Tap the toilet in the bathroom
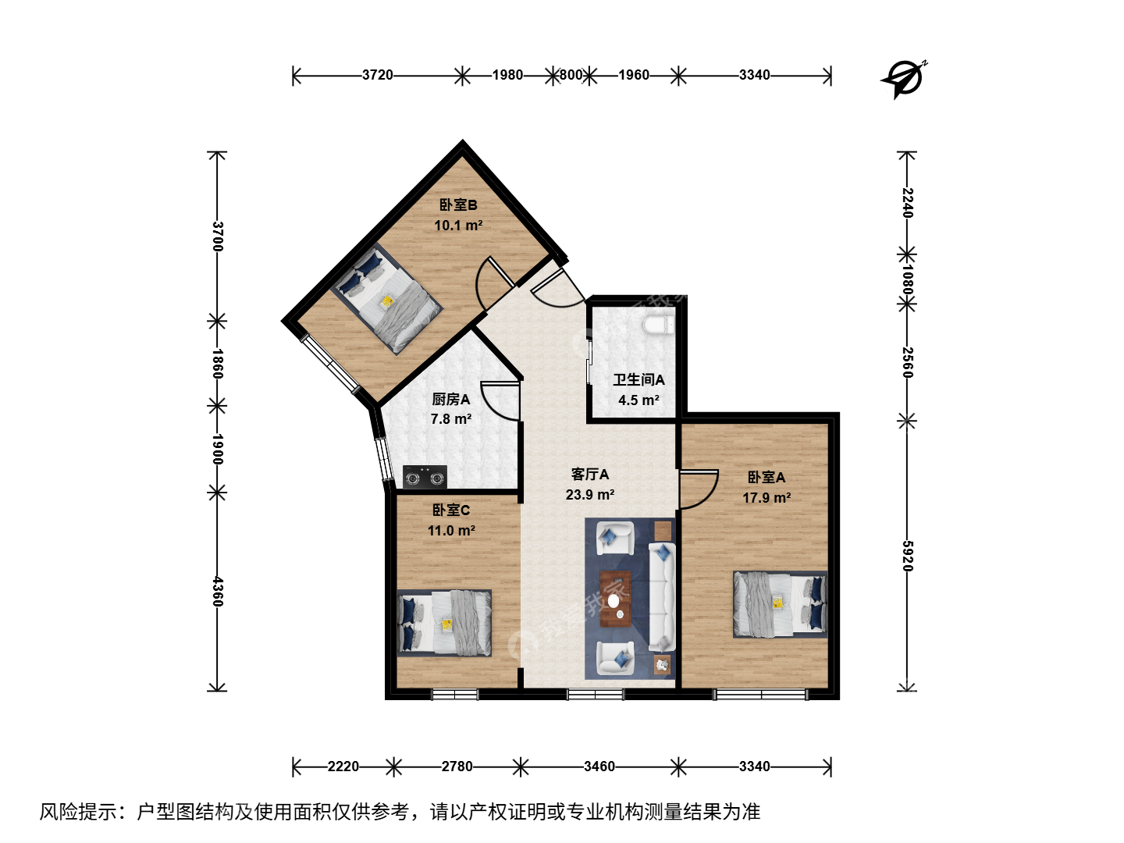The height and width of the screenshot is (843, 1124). [x=659, y=325]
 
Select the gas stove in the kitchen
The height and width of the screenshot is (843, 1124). [x=425, y=477]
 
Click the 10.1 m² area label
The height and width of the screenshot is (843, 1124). [x=458, y=226]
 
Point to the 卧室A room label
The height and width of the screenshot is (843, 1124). [x=766, y=478]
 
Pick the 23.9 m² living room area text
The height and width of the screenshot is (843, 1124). [x=590, y=494]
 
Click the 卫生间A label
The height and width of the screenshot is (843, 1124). [x=638, y=380]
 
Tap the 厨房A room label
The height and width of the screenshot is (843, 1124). [x=450, y=399]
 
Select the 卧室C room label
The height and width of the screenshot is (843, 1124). [x=450, y=510]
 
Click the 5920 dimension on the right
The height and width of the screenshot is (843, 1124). [x=907, y=556]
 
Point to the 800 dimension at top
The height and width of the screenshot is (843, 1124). [x=571, y=75]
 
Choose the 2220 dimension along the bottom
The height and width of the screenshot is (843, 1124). [x=343, y=767]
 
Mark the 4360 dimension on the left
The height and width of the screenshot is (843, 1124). [x=217, y=592]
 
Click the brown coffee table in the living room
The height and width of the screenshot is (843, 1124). [x=615, y=599]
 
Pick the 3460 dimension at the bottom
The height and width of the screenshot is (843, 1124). [x=599, y=767]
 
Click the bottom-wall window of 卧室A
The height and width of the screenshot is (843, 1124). [x=760, y=695]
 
